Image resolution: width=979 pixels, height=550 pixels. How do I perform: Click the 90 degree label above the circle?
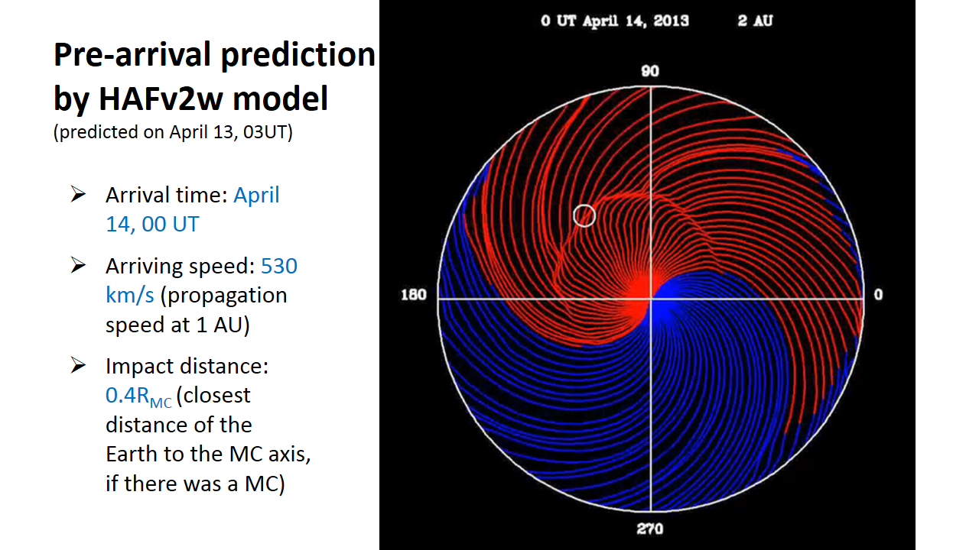pos(650,71)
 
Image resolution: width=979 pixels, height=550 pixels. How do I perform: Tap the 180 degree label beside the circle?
pos(414,295)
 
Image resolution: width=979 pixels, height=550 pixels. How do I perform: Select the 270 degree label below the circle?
pos(650,529)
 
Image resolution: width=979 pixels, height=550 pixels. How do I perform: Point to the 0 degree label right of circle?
pos(879,295)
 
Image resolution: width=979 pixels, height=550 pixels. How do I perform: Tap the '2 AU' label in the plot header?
pos(755,21)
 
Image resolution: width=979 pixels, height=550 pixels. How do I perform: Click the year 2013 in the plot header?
pos(672,21)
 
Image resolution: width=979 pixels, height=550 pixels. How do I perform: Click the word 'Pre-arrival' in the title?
pos(132,55)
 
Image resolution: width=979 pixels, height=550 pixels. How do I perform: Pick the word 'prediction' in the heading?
pos(298,56)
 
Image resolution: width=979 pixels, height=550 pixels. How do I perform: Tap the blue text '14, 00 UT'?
pos(152,225)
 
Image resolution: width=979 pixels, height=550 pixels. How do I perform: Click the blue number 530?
pos(279,267)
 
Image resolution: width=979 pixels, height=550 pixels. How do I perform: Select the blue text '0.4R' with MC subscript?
pos(138,396)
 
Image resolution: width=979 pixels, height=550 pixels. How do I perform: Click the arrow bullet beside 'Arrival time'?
pos(78,194)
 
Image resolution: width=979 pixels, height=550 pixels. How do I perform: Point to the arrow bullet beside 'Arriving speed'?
pos(78,265)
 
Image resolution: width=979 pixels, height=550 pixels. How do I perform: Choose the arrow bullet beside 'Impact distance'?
pos(78,365)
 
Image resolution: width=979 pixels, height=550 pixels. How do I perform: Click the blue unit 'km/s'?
pos(130,296)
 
